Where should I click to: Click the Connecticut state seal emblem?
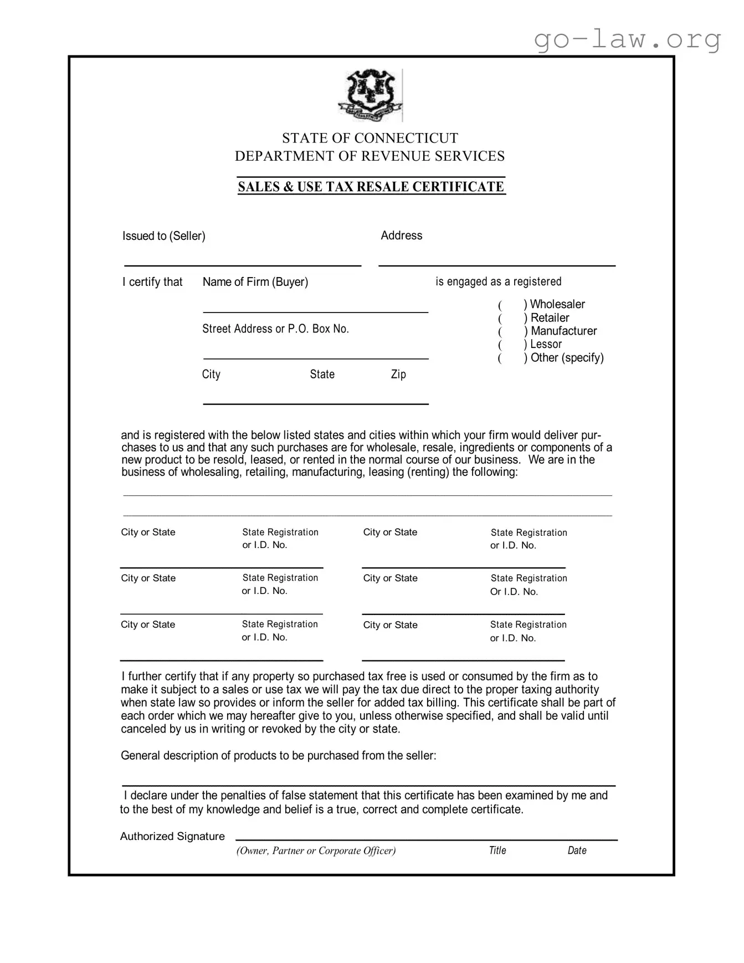click(370, 95)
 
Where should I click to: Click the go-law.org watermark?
click(627, 39)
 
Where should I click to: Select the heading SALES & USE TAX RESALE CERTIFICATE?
click(371, 187)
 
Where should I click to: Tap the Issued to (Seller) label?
click(163, 236)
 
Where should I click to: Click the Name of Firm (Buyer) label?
click(255, 282)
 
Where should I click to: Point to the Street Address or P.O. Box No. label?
click(275, 329)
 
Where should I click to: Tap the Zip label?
click(398, 375)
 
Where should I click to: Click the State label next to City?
click(322, 375)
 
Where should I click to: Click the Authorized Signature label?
click(172, 837)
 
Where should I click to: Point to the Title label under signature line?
click(497, 851)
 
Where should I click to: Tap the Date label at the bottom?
click(577, 851)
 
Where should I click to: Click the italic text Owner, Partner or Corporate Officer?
click(316, 851)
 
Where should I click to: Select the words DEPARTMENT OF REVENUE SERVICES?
click(370, 156)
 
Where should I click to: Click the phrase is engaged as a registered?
click(498, 282)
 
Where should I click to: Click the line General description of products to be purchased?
click(278, 756)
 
